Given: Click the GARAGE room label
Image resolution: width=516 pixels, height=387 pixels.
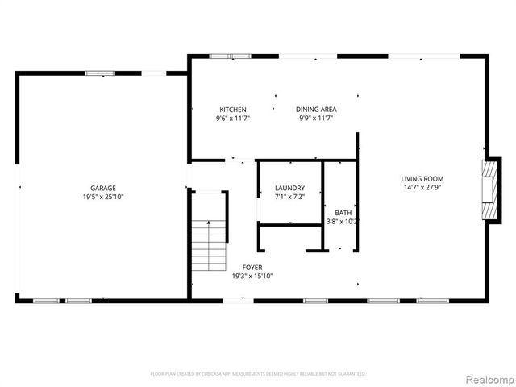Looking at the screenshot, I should click(x=103, y=188).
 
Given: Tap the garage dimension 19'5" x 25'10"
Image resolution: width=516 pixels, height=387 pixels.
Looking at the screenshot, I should click(x=103, y=197).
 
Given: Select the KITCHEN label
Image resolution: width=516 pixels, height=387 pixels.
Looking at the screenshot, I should click(x=233, y=110).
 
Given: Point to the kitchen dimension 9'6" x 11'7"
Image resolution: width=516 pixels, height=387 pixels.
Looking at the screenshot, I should click(x=233, y=119).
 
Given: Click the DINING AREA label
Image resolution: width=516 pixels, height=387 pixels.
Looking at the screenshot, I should click(x=316, y=110).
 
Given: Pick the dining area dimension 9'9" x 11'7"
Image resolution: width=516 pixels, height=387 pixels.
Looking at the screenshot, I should click(x=316, y=119).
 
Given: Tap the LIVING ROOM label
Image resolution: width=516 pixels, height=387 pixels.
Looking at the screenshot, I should click(x=422, y=179).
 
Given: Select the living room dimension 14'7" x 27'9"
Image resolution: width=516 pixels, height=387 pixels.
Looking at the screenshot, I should click(x=422, y=188).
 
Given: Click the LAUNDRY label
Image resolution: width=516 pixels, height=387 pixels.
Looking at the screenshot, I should click(x=289, y=188).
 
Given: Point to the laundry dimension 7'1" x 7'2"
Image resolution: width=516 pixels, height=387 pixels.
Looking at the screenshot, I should click(x=289, y=197).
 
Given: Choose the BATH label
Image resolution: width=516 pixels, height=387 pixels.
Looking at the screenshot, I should click(x=343, y=213).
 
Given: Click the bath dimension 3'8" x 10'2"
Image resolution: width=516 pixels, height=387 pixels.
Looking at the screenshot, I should click(x=343, y=222).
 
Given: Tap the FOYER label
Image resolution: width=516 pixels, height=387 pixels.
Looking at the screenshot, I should click(x=252, y=267).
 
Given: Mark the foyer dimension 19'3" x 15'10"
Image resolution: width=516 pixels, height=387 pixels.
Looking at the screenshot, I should click(x=252, y=276).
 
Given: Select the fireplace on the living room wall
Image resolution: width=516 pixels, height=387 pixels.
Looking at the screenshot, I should click(x=488, y=189).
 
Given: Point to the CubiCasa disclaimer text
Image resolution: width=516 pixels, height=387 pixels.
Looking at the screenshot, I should click(x=258, y=374).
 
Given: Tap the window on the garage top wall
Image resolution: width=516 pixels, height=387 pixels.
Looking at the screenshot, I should click(x=100, y=73).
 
